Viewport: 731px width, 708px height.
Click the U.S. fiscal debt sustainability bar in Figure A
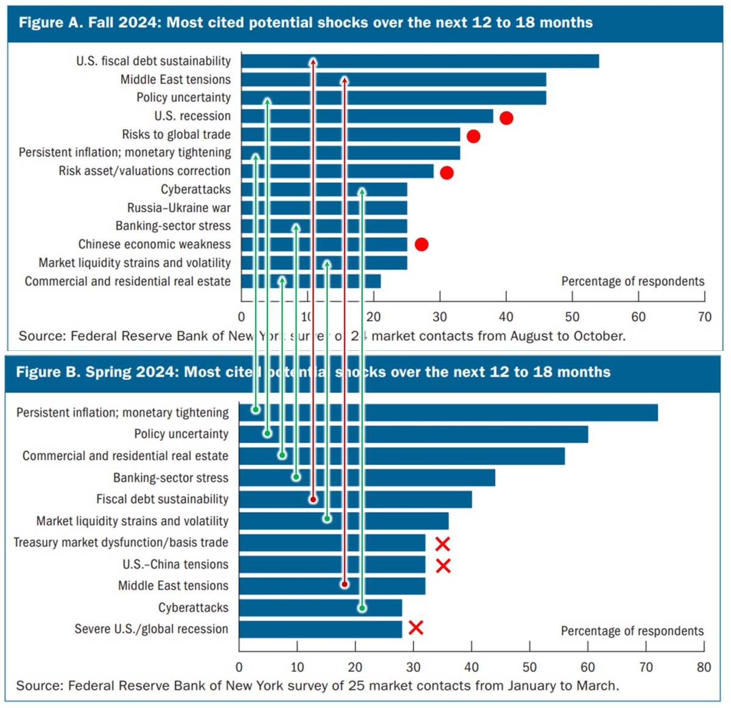click(457, 61)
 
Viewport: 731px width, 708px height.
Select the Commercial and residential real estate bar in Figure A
click(341, 281)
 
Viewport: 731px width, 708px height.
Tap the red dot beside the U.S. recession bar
click(506, 118)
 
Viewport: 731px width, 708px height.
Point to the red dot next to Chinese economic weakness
click(422, 244)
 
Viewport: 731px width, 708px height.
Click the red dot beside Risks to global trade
click(473, 136)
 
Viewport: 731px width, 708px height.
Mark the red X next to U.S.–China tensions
click(443, 566)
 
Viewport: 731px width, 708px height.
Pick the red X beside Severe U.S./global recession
click(415, 628)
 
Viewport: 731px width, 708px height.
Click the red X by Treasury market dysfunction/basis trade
click(443, 544)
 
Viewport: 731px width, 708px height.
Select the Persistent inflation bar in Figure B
click(487, 412)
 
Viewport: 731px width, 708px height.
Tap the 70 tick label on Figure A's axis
click(704, 317)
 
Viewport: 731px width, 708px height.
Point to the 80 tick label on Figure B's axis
click(704, 667)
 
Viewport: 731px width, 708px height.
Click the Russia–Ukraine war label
click(178, 208)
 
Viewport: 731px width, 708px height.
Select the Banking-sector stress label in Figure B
click(171, 478)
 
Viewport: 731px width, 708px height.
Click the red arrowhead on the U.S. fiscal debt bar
click(313, 62)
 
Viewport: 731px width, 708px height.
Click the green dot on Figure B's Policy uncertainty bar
click(267, 433)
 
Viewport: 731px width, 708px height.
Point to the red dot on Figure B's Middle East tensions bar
click(344, 584)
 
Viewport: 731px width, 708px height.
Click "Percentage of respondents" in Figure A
click(632, 281)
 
